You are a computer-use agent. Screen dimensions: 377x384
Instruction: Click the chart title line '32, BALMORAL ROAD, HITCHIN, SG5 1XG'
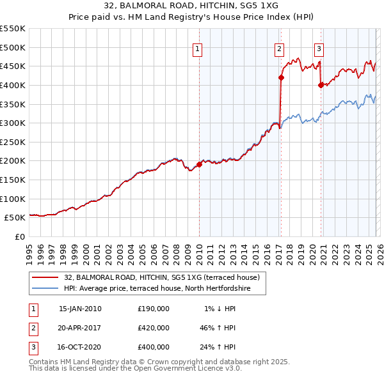click(x=192, y=4)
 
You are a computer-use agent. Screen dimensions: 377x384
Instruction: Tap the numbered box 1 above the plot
click(x=198, y=49)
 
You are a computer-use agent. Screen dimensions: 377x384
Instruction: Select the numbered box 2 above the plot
click(x=280, y=49)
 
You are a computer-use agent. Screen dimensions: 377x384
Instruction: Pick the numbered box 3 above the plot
click(x=319, y=49)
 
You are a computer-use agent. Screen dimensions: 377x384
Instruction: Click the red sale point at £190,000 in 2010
click(x=199, y=164)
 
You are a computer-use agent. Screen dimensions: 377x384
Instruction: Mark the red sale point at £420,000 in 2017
click(x=281, y=77)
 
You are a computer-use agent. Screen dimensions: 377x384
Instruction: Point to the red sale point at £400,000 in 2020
click(x=321, y=85)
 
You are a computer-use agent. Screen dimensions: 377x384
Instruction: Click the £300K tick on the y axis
click(x=13, y=123)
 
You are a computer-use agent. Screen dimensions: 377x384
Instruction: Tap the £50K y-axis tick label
click(x=16, y=217)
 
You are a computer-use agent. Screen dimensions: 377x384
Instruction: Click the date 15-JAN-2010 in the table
click(x=80, y=309)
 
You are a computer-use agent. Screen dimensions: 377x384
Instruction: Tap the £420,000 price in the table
click(x=154, y=328)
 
